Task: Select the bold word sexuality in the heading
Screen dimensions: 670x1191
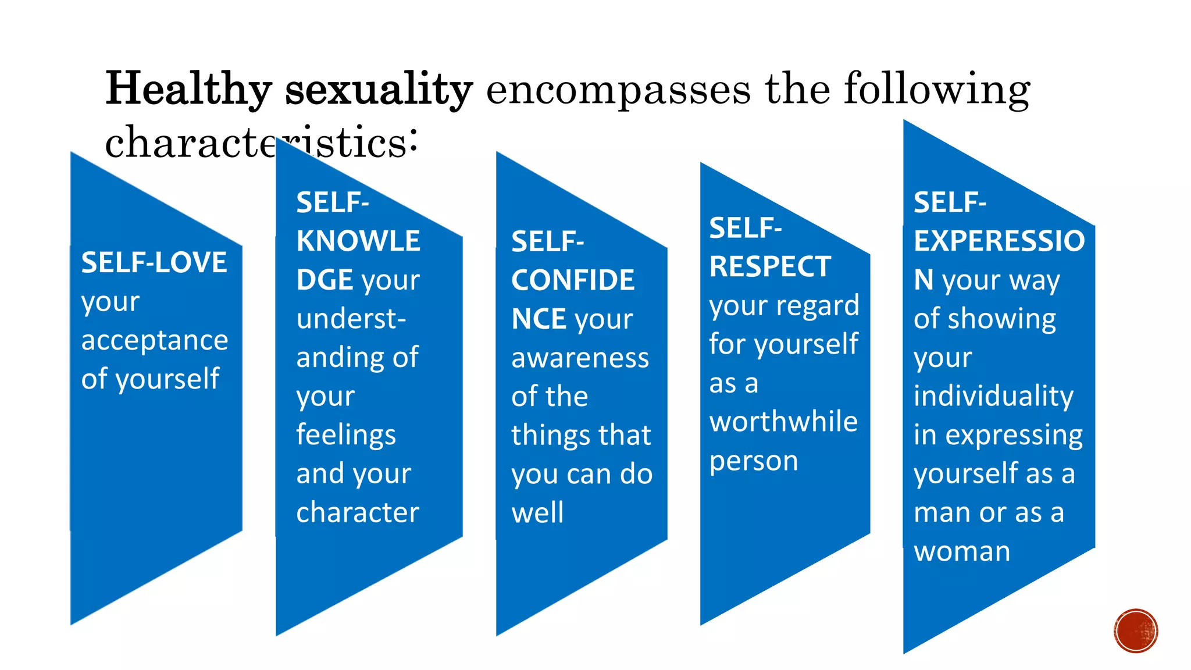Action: click(x=379, y=89)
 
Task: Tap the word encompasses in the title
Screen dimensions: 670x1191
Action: click(x=618, y=90)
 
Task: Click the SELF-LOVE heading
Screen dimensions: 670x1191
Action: click(x=154, y=262)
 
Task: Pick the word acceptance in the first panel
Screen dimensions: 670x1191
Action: click(x=155, y=340)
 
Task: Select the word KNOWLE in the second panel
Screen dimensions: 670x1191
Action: click(x=358, y=241)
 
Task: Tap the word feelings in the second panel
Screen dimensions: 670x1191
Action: click(x=346, y=435)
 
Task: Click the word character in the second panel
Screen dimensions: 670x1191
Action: click(x=358, y=512)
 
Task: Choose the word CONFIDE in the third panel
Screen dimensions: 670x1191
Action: click(x=573, y=280)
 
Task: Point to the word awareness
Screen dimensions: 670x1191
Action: click(x=580, y=358)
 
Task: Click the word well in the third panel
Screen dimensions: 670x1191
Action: click(x=537, y=513)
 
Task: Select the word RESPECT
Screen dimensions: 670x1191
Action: click(x=770, y=267)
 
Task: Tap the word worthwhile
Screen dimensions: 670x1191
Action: click(x=783, y=422)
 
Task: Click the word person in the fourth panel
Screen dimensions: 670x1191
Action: click(x=754, y=461)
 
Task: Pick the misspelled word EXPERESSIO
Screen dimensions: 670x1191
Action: click(x=999, y=241)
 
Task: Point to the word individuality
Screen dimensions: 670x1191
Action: click(x=993, y=396)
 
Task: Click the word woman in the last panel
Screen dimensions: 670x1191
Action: click(x=962, y=551)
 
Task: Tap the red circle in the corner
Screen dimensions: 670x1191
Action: click(x=1136, y=631)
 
